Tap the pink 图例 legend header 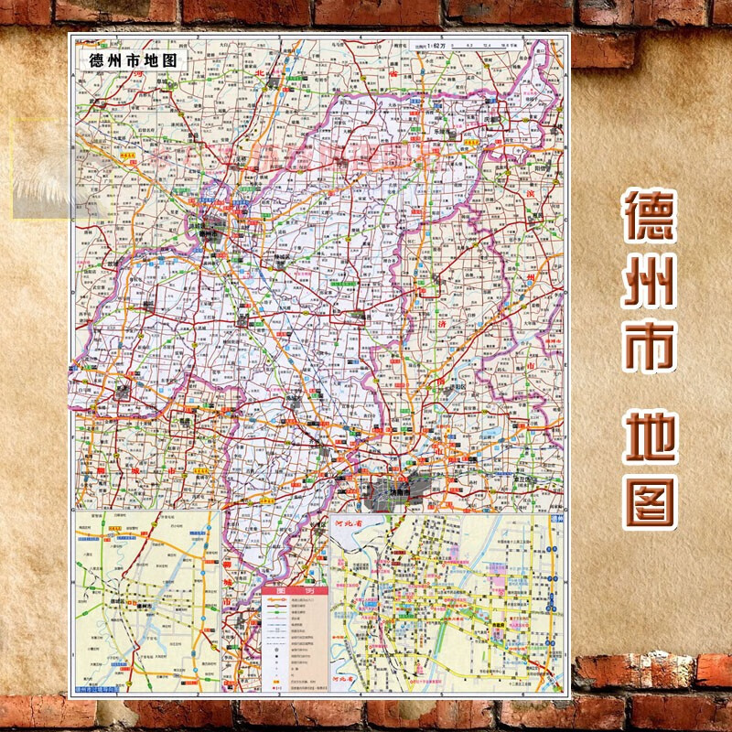295,590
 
